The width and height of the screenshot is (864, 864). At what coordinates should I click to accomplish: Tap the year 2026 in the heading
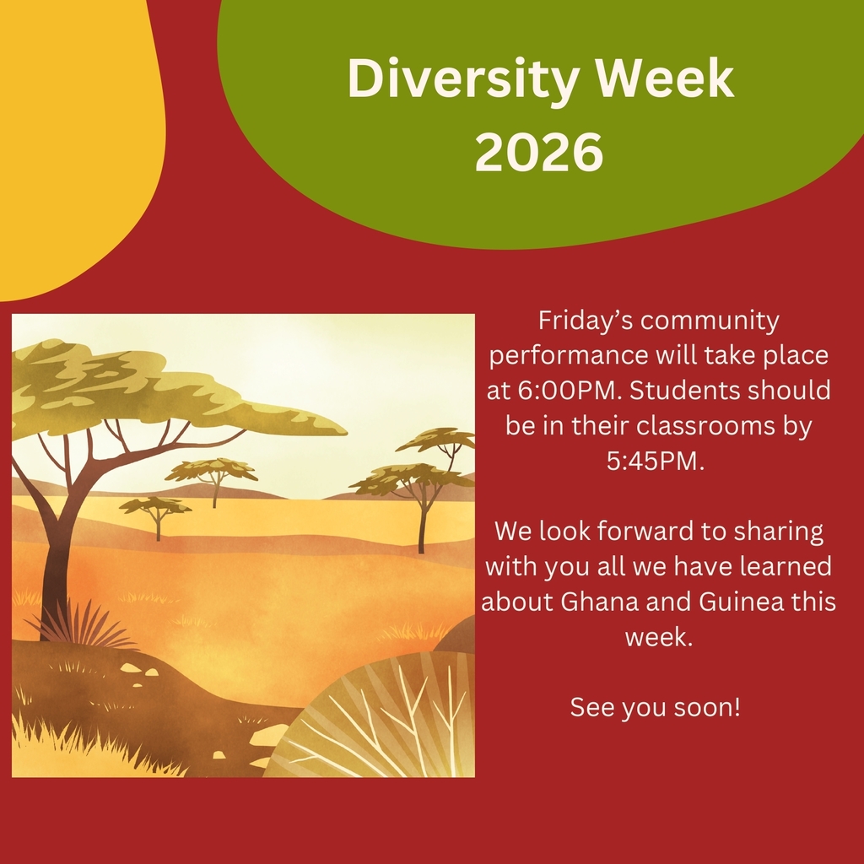click(x=539, y=152)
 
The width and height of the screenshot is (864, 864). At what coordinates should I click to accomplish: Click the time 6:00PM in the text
click(x=570, y=390)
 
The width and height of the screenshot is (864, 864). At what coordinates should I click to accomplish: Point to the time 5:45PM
click(x=655, y=461)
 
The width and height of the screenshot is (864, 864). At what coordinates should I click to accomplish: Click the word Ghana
click(x=592, y=601)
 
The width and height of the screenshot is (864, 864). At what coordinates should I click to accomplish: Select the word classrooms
click(x=705, y=425)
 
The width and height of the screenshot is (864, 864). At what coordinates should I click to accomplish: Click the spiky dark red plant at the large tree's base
click(x=83, y=625)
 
